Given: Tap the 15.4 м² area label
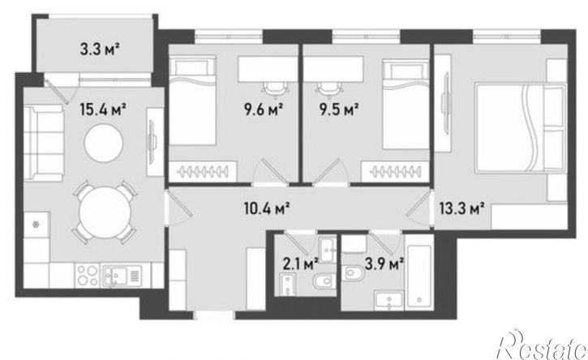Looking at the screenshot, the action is coord(102,110).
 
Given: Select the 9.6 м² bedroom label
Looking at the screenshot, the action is coord(264,110).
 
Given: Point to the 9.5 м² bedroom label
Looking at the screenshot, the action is coord(339,110).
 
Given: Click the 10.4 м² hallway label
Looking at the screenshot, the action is coord(267,208).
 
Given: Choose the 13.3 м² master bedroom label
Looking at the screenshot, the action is coord(462,208).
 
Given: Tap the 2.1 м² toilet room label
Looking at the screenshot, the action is coord(300,265).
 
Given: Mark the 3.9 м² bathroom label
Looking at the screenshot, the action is coord(384,265).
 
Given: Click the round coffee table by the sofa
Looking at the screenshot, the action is coord(104,144).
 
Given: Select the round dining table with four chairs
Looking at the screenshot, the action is coord(105,212).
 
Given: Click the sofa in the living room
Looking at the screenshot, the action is coord(44,143).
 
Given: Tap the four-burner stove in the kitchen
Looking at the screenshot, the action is coord(88,275).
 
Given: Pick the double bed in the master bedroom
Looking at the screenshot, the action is coord(520,127).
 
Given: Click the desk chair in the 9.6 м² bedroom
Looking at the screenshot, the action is coord(275,90).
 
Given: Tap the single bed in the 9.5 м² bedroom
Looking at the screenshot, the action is coord(406,105).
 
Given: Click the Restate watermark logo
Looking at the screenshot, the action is coord(542,345).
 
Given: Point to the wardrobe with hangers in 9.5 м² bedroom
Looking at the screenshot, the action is coord(395,172).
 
